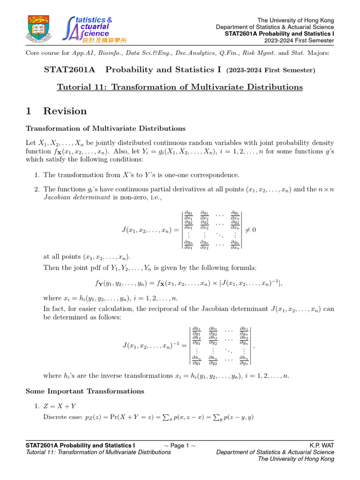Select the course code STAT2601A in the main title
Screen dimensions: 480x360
69,70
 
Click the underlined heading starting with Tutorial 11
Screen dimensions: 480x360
180,87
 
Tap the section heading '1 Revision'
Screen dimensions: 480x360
56,111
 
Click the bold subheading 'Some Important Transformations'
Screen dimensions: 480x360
85,391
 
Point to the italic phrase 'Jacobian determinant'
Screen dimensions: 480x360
68,197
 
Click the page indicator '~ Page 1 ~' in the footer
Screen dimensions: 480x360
180,445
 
